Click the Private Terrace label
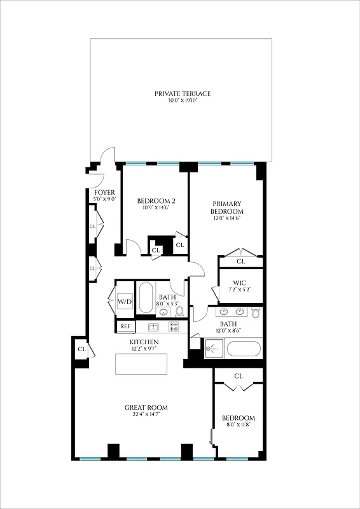click(x=183, y=94)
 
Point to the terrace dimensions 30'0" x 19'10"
click(x=183, y=101)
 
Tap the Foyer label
click(x=104, y=192)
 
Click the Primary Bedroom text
click(x=228, y=207)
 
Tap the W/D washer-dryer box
click(x=125, y=300)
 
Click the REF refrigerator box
click(x=125, y=327)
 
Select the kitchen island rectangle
click(x=141, y=365)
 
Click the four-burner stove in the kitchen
click(x=174, y=326)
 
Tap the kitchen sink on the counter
click(x=153, y=327)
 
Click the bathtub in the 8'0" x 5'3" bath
click(x=146, y=296)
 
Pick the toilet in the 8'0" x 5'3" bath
click(x=179, y=311)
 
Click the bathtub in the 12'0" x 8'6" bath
click(x=244, y=349)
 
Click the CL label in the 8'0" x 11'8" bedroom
click(x=239, y=376)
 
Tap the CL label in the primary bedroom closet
click(x=241, y=261)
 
